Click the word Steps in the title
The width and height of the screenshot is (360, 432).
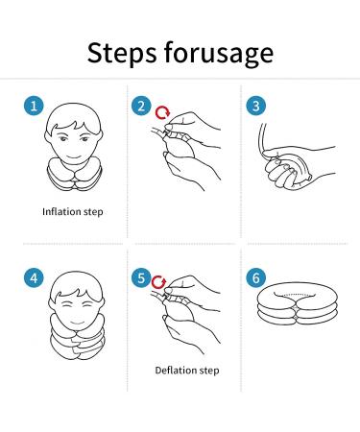click(122, 53)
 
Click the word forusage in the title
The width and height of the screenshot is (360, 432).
click(219, 53)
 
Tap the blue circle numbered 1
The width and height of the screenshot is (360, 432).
click(34, 106)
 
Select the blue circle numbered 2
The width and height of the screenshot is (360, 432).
click(141, 106)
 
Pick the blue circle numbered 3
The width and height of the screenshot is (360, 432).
click(255, 106)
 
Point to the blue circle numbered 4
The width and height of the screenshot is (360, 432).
click(34, 277)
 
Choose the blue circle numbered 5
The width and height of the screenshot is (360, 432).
click(141, 277)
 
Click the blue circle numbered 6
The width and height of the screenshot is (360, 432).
click(255, 277)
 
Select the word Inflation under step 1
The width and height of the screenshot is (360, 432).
click(61, 211)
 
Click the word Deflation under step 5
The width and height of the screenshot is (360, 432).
click(176, 371)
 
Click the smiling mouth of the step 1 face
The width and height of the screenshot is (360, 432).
click(74, 156)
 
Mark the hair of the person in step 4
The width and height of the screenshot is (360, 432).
click(77, 285)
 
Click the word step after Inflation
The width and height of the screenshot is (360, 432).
click(93, 212)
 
